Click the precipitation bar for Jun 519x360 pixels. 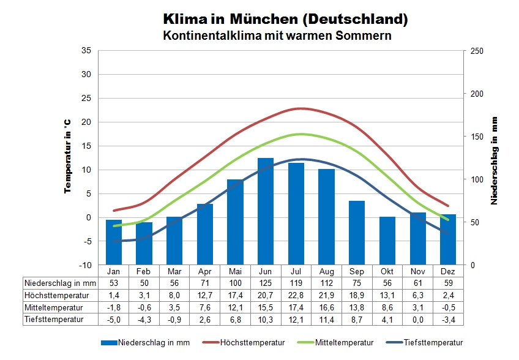[x=266, y=211]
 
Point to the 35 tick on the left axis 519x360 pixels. [x=86, y=51]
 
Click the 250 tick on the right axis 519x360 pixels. [x=476, y=51]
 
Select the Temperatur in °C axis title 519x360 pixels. [x=69, y=156]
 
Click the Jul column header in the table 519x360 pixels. [x=296, y=271]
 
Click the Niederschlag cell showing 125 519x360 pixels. [x=266, y=283]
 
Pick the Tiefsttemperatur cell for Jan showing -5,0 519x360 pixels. [x=114, y=319]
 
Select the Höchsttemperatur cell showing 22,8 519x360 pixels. [x=296, y=295]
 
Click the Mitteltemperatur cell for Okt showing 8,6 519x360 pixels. [x=387, y=307]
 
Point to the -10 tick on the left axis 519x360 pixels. [x=84, y=265]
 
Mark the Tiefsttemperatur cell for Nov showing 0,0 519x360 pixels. [x=417, y=319]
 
